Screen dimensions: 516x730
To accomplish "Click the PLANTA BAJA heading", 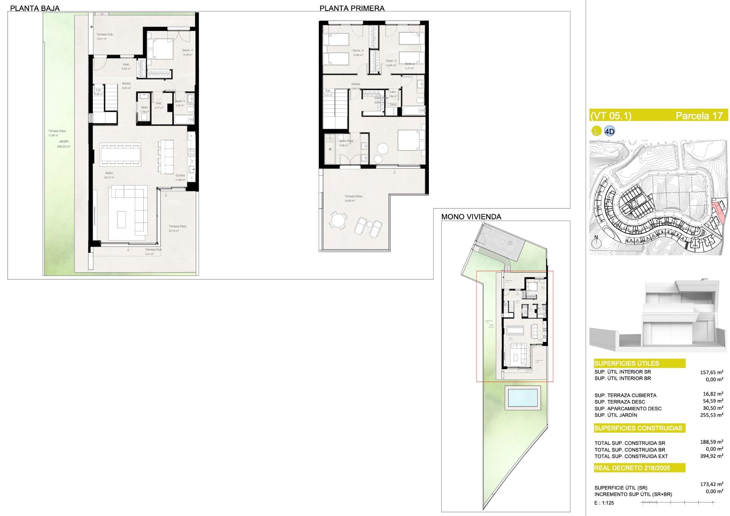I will pos(35,8).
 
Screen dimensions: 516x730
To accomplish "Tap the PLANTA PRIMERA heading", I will pos(352,8).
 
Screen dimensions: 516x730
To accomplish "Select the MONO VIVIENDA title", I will pos(471,217).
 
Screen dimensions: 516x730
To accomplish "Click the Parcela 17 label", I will pos(699,116).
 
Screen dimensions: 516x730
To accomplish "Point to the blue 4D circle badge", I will pos(609,132).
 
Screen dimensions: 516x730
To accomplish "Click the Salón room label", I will pos(109,173).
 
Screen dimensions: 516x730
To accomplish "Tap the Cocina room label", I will pos(180,175).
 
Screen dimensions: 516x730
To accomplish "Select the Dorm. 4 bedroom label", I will pos(187,51).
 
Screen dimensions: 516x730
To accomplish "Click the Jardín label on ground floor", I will pos(64,141).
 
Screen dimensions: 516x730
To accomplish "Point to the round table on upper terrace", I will pos(338,220).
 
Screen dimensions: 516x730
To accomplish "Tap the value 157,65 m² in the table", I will pos(711,373).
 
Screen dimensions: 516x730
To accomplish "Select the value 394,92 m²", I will pos(711,456).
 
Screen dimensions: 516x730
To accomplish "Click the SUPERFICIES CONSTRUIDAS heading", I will pos(638,428).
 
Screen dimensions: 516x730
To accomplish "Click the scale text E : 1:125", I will pos(604,503).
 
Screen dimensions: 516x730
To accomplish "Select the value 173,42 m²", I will pos(711,484).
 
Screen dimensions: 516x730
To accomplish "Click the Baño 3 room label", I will pos(180,101).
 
